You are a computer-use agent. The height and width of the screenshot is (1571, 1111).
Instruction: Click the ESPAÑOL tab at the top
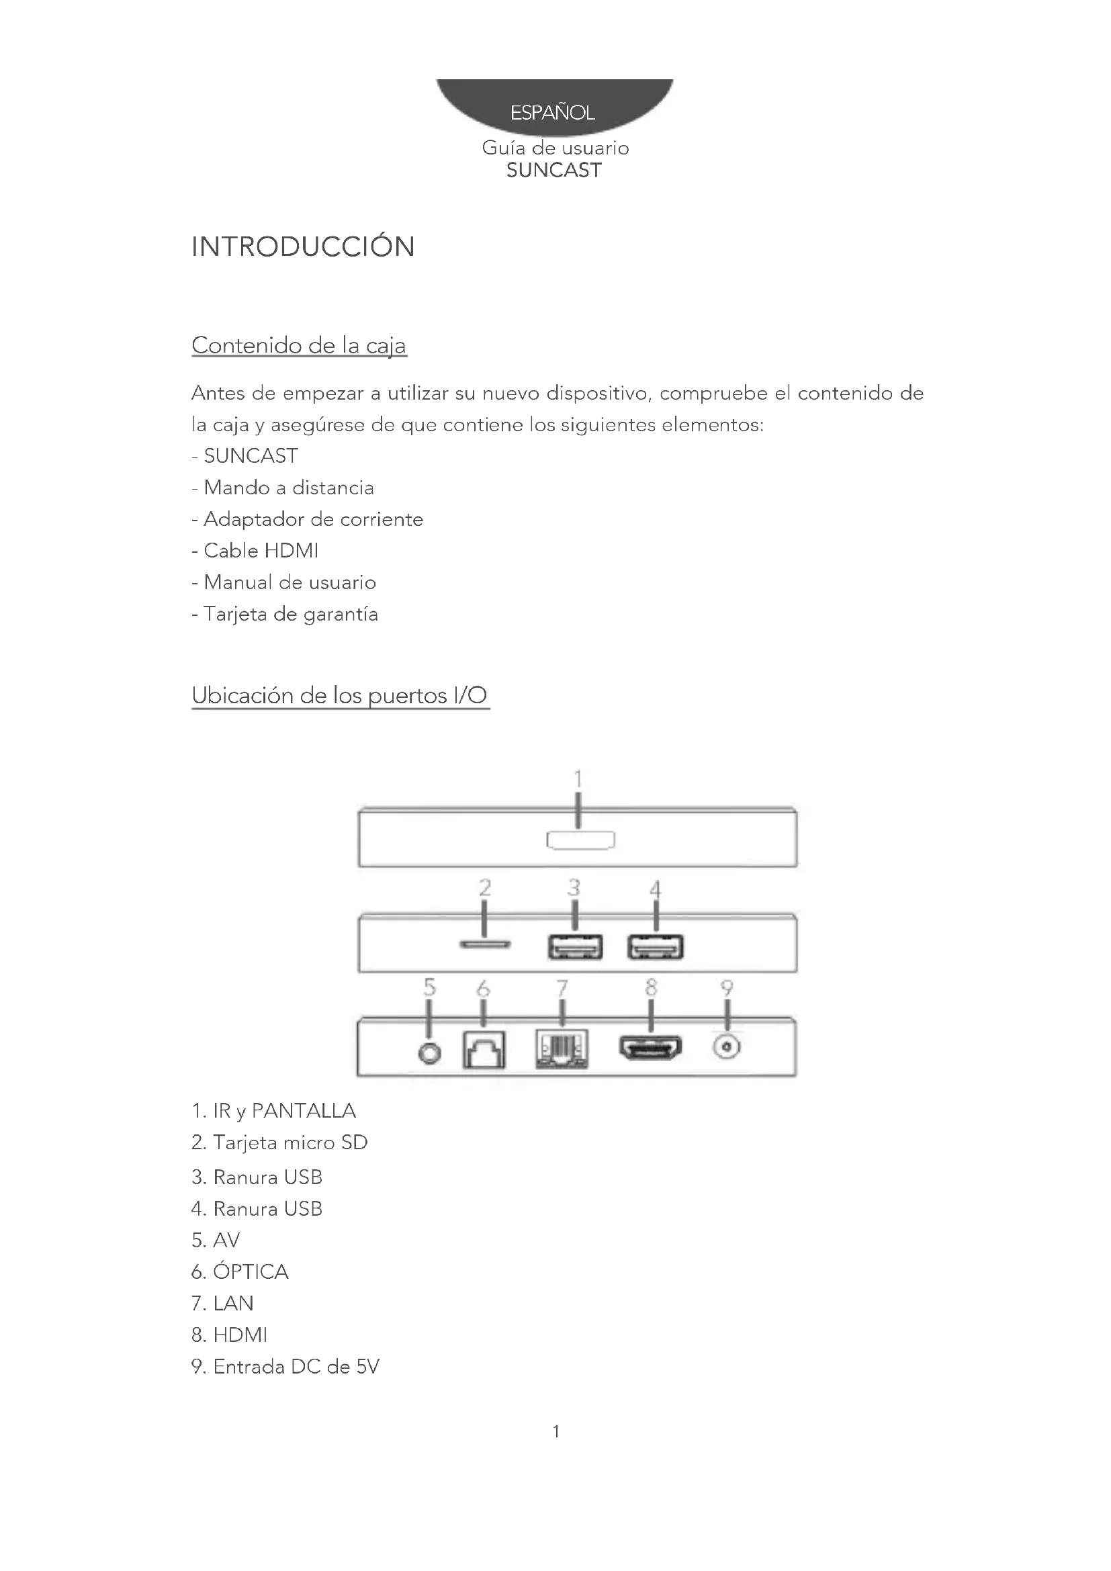553,111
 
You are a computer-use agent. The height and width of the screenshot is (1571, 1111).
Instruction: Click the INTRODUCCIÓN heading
303,247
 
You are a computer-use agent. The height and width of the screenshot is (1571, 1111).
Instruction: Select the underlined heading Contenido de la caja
299,345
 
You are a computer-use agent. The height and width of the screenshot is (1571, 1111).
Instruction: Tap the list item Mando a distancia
289,488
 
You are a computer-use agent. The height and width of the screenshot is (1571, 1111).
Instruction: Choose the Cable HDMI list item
261,551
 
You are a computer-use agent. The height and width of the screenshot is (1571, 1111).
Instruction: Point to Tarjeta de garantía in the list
290,615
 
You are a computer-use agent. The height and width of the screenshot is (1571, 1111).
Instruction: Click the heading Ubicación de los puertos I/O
340,696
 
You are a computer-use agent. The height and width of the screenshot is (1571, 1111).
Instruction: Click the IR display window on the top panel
580,840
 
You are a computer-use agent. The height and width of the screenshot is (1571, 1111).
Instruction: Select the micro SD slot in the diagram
484,944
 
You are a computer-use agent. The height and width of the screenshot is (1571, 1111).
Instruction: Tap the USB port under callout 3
575,947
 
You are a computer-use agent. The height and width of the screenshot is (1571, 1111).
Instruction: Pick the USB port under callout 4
656,947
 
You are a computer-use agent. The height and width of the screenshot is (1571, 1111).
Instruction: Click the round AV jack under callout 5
429,1054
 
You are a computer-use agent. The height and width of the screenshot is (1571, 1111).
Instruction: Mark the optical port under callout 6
484,1050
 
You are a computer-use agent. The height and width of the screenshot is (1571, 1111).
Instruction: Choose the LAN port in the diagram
562,1050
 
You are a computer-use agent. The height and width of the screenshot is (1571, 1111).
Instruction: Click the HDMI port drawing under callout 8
651,1048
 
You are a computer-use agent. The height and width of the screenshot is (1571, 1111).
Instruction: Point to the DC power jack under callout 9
727,1048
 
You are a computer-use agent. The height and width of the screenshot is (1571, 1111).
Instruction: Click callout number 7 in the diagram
562,988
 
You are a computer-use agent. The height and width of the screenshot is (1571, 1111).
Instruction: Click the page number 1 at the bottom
556,1431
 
